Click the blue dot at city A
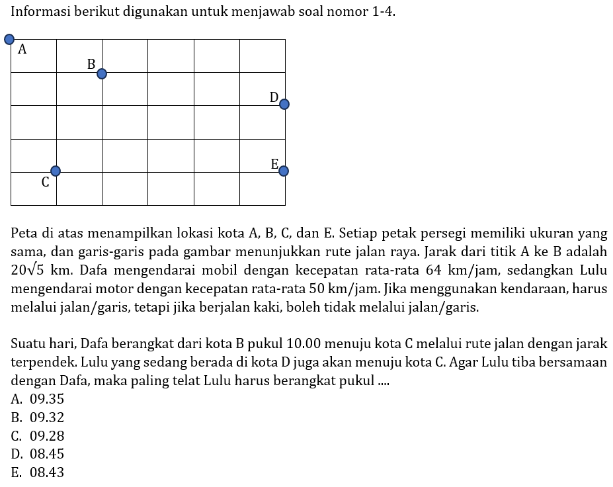[9, 39]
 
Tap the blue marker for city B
[101, 73]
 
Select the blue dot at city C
[56, 171]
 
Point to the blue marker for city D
[284, 104]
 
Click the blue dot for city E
[284, 171]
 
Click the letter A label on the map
[22, 49]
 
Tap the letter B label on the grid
[91, 64]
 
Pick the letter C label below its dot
[45, 183]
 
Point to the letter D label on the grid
[274, 98]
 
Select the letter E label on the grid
[274, 165]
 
